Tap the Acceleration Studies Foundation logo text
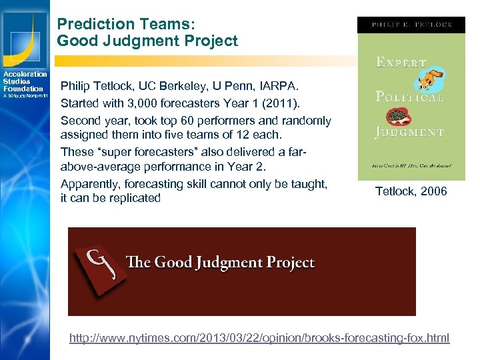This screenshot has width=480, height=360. pos(24,81)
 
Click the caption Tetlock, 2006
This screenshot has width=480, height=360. pos(411,192)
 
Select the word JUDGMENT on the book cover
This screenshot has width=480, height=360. pos(409,132)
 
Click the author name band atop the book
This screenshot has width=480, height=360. pos(411,25)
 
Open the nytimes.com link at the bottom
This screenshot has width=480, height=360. pos(259,338)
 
